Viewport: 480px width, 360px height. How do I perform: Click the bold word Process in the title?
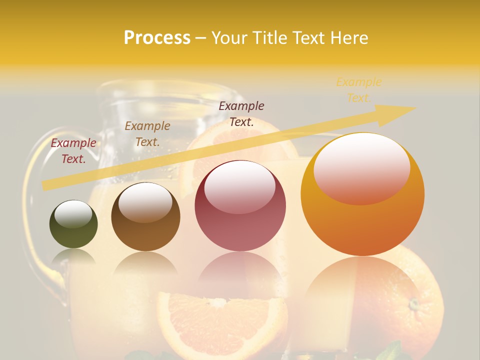[x=157, y=38]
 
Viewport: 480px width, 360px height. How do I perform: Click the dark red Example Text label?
[x=73, y=151]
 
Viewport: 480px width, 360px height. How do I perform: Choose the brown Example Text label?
[x=147, y=134]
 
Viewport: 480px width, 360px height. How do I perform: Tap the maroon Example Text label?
[x=241, y=113]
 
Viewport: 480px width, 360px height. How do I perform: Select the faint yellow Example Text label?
[x=358, y=90]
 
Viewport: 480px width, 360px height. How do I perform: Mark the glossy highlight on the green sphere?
[x=73, y=214]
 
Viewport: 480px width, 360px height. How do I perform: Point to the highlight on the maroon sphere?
[x=239, y=187]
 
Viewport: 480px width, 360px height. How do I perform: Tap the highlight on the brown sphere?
[x=145, y=202]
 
